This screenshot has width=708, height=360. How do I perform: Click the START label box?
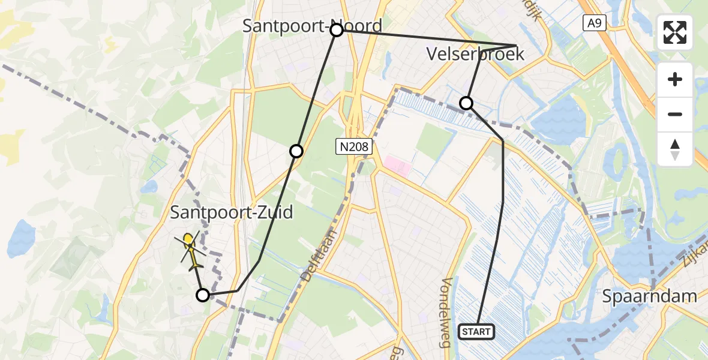(476, 331)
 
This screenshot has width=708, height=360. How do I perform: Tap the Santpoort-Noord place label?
(311, 26)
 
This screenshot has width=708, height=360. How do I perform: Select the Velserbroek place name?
(475, 54)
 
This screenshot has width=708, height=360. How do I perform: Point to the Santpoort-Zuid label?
(232, 212)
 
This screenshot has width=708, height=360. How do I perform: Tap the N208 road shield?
(355, 146)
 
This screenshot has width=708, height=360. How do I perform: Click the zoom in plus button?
(675, 79)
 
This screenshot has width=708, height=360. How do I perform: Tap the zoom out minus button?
(675, 114)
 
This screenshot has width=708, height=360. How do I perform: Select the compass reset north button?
(675, 149)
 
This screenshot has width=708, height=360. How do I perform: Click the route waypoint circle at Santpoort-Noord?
(337, 30)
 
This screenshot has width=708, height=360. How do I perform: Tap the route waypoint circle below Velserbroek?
(466, 103)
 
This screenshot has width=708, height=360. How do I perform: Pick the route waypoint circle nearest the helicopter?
(203, 295)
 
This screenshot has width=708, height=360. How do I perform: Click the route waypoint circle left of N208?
(296, 151)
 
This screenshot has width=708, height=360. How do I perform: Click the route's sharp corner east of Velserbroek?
(516, 46)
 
